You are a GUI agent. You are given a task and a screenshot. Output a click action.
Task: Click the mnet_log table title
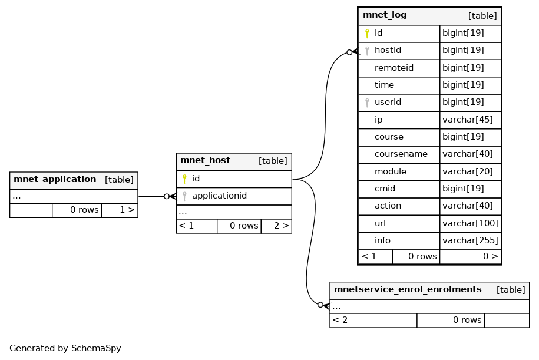click(385, 15)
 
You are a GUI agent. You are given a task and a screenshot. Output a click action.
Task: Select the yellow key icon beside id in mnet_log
click(367, 34)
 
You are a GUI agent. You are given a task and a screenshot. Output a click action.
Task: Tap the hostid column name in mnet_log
click(388, 50)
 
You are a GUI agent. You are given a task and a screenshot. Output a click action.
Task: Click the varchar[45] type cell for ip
click(468, 120)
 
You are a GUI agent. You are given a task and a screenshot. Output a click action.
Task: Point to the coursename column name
click(401, 154)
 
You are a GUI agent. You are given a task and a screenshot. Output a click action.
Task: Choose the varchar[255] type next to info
click(470, 240)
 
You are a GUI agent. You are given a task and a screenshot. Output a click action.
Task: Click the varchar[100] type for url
click(470, 223)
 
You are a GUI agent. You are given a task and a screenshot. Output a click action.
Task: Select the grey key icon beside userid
click(367, 103)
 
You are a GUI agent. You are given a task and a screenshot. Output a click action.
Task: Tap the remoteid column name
click(394, 68)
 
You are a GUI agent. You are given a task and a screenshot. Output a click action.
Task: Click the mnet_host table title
click(205, 161)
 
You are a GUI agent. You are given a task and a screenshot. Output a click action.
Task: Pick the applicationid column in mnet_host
click(219, 196)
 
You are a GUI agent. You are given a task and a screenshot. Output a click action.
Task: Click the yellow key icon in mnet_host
click(184, 179)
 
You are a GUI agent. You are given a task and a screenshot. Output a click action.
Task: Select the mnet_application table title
click(55, 180)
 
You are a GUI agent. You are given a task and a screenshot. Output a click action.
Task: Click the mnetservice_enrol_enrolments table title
click(408, 289)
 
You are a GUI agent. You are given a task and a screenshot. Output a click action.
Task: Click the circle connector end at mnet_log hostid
click(349, 52)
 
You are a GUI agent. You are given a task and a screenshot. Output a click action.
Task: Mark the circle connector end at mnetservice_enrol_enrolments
click(320, 305)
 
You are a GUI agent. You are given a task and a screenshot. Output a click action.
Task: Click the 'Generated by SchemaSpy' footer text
click(65, 348)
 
